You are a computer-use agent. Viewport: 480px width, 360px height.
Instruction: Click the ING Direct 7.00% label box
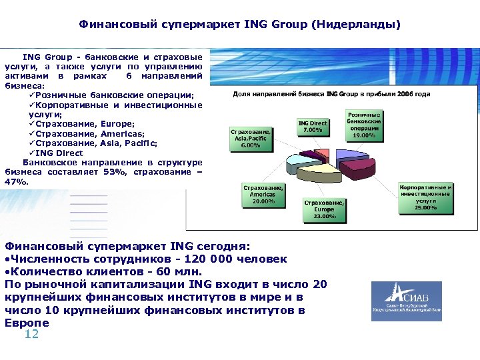tap(313, 127)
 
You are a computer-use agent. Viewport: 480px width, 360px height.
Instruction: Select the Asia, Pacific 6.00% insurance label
tap(250, 138)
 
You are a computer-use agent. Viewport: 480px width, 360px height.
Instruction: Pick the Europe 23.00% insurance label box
tap(324, 209)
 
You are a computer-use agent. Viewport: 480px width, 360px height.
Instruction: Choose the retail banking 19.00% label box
tap(364, 125)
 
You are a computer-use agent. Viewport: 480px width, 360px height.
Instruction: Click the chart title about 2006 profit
tap(331, 94)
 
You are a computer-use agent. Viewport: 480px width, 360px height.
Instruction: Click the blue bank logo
tap(406, 301)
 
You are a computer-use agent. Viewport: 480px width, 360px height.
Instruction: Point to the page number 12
tap(31, 334)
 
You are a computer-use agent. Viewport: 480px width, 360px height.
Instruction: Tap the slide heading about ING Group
tap(240, 25)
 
